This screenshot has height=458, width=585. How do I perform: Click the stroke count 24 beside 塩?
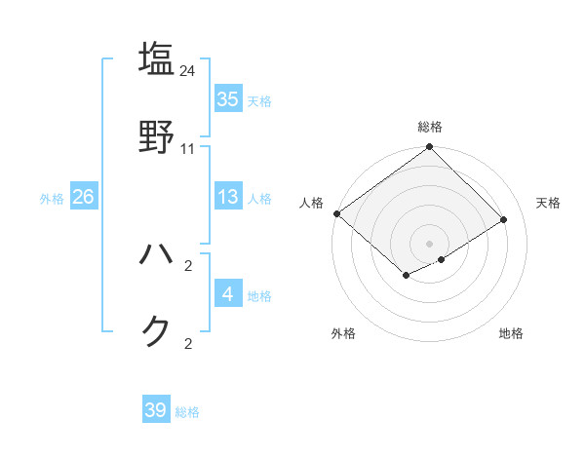coord(188,70)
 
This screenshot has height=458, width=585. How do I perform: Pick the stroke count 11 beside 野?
coord(188,149)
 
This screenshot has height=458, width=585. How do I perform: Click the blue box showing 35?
coord(228,99)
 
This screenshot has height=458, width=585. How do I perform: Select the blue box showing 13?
coord(228,198)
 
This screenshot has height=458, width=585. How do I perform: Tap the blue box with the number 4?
coord(228,293)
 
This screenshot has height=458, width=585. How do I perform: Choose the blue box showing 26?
coord(83,198)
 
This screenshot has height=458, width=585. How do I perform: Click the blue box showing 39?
coord(156,410)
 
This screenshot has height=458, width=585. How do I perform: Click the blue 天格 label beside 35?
coord(259,100)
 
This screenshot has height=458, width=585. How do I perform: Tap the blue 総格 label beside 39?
coord(187,412)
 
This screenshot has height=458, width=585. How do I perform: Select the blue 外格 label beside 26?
coord(52,199)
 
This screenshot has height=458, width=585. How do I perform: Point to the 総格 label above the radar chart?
coord(430,127)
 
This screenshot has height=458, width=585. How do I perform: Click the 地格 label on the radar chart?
coord(511,333)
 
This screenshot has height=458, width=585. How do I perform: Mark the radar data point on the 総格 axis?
coord(430,148)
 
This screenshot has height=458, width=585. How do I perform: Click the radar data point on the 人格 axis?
coord(336,213)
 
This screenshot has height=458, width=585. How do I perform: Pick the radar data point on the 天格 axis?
coord(504,219)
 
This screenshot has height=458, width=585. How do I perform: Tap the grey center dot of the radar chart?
coord(430,243)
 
